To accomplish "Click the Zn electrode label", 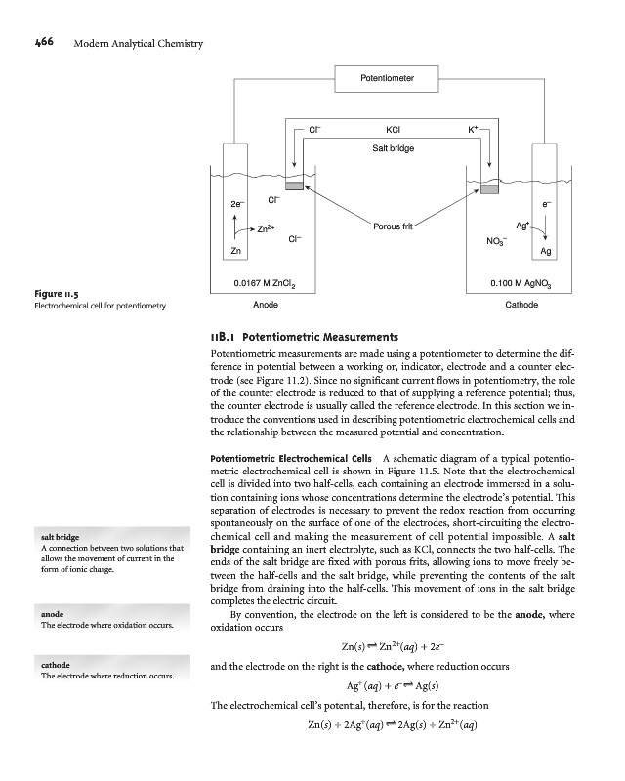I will pyautogui.click(x=235, y=252).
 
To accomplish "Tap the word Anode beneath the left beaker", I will pyautogui.click(x=265, y=305).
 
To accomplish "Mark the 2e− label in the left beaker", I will pyautogui.click(x=236, y=205).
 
